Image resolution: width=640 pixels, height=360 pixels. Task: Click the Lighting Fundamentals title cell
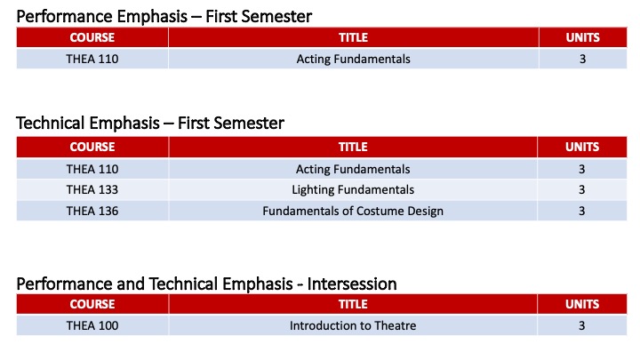click(x=353, y=189)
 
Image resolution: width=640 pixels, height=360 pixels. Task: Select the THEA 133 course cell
click(x=92, y=189)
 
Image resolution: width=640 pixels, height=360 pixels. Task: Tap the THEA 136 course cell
click(x=92, y=211)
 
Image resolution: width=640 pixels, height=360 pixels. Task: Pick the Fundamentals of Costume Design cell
click(x=353, y=211)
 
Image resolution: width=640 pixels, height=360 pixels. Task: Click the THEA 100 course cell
click(x=92, y=325)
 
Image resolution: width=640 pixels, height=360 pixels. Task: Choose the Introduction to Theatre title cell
click(x=353, y=325)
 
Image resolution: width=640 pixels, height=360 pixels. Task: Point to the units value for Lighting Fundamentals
click(x=582, y=189)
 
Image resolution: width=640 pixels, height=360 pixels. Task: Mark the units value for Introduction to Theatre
click(x=582, y=325)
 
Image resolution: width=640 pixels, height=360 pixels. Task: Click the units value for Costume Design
click(x=582, y=211)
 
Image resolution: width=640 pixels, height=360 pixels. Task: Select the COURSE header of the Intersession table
click(x=92, y=305)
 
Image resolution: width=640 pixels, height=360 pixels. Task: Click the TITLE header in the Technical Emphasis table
click(x=353, y=147)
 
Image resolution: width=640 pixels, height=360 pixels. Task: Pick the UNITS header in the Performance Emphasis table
click(x=582, y=38)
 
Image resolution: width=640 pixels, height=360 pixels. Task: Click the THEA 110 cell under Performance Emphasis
click(x=92, y=59)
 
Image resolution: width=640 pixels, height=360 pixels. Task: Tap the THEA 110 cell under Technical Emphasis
click(x=92, y=169)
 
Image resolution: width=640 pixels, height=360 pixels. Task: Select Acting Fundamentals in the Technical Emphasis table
click(x=353, y=169)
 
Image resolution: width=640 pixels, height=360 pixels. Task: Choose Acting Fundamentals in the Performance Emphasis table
click(x=353, y=59)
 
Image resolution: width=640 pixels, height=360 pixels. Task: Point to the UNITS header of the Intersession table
click(x=582, y=305)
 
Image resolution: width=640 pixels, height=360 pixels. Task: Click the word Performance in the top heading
click(x=60, y=15)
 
